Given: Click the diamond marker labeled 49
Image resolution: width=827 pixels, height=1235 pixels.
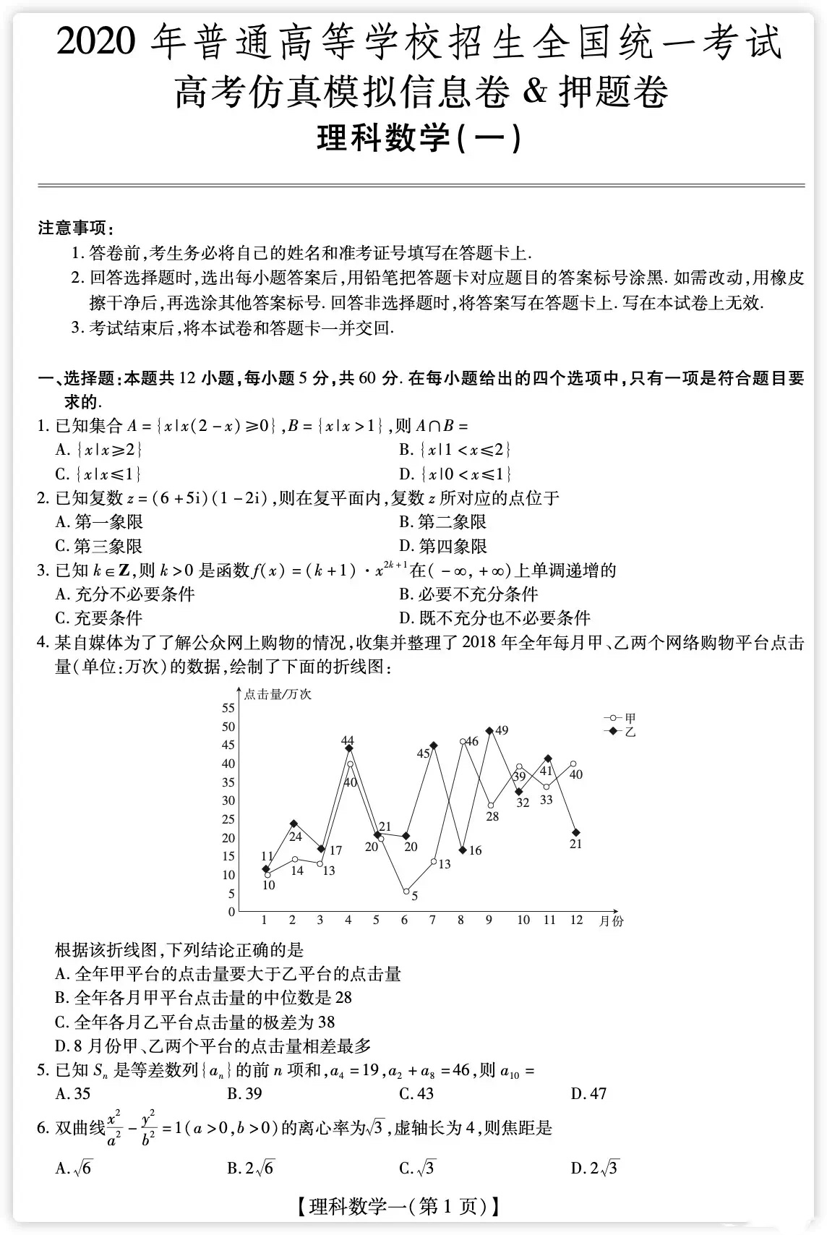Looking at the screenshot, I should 489,731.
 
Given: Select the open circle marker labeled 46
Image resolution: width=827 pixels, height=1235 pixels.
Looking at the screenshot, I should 463,742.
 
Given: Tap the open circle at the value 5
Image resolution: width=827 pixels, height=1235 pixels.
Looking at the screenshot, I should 406,892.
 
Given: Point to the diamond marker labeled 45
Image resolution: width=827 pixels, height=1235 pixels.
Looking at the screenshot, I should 433,745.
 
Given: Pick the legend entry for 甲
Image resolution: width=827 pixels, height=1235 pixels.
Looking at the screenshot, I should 620,718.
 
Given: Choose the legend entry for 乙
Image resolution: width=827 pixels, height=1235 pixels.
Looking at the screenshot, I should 620,732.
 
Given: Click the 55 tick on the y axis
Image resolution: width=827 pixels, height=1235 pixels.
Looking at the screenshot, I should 228,708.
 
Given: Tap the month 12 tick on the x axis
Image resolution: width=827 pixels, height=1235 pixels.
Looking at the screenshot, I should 576,920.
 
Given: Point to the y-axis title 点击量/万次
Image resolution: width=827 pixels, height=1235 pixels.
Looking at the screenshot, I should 278,694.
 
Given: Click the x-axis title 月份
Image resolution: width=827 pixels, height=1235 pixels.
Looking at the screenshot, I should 611,920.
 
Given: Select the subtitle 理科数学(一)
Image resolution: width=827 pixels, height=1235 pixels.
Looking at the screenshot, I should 419,138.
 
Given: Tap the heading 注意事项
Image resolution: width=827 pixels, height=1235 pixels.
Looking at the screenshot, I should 75,228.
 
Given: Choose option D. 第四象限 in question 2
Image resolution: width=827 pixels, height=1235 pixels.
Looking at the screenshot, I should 443,546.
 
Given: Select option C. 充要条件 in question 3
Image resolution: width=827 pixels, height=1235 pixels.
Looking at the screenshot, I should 99,617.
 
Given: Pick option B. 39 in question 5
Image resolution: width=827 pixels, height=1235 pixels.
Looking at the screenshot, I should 244,1093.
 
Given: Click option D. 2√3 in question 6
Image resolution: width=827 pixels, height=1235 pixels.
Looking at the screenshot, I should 594,1168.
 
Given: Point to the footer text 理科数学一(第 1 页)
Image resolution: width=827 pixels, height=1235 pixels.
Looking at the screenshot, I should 397,1205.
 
